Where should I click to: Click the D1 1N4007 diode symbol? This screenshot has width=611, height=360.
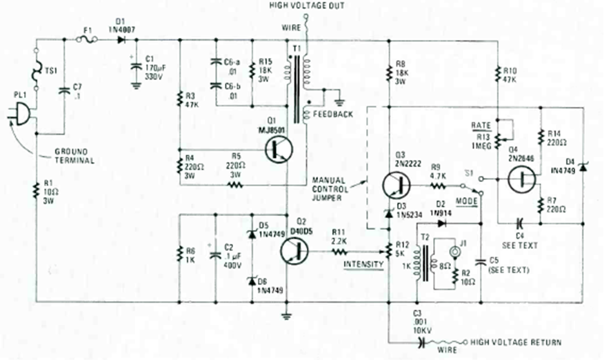click(122, 39)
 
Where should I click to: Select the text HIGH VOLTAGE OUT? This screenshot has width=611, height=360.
click(307, 6)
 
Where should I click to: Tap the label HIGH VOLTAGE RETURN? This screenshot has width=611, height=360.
click(516, 342)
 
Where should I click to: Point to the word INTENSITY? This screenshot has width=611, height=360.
click(363, 263)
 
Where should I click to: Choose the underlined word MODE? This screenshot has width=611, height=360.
click(466, 200)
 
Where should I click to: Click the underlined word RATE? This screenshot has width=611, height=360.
click(480, 125)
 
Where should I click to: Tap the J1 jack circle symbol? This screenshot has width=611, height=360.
click(454, 252)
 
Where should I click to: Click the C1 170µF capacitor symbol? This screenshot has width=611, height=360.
click(134, 66)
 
